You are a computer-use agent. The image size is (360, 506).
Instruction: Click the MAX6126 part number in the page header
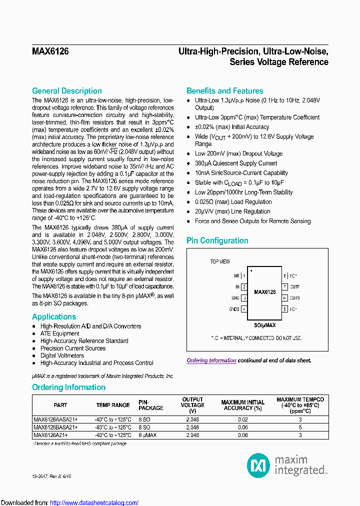50,51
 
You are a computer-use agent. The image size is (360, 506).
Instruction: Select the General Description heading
66,91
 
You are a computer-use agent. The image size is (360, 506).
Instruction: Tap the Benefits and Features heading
224,91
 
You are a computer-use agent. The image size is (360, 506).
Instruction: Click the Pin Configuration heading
217,240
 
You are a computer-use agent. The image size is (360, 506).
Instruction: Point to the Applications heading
54,317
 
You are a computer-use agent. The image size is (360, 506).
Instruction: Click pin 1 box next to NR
244,275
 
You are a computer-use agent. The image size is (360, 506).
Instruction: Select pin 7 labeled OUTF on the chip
284,287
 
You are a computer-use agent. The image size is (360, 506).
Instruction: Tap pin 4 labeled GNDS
244,309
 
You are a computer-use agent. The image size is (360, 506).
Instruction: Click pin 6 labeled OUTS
284,298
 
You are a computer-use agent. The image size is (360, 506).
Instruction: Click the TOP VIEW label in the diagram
220,261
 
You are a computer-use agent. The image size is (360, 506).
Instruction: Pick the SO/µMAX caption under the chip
264,325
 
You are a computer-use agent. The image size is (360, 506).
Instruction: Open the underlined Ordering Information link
211,360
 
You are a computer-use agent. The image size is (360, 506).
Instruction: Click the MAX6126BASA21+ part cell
55,427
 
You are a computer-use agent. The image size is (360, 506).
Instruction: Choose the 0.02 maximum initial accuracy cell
243,420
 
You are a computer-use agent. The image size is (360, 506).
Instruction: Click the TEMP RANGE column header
113,405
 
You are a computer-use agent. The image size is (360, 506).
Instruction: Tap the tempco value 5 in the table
300,427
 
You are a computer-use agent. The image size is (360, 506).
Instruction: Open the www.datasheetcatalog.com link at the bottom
94,502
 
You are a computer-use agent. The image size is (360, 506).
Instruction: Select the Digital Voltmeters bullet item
62,355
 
